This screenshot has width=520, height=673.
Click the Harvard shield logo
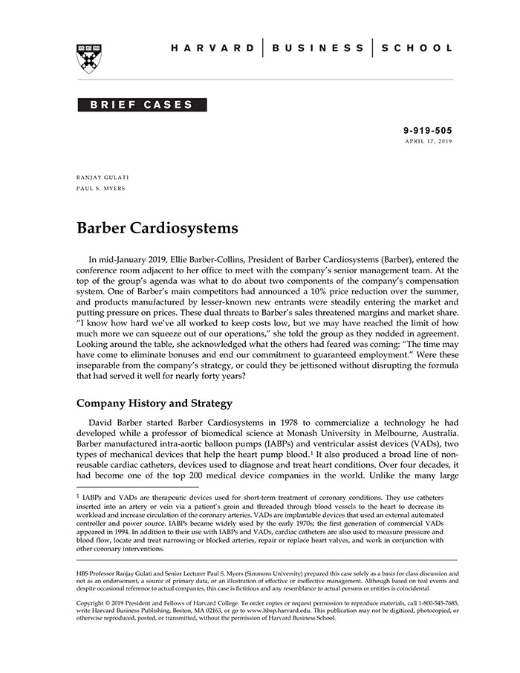pos(90,58)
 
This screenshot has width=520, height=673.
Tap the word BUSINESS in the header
pos(318,48)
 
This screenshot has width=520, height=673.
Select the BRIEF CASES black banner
pos(142,105)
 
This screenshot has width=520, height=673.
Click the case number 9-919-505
pos(427,131)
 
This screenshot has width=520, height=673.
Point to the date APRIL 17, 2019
pos(428,140)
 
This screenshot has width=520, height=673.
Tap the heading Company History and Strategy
pos(155,403)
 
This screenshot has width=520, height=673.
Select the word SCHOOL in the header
pos(417,48)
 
